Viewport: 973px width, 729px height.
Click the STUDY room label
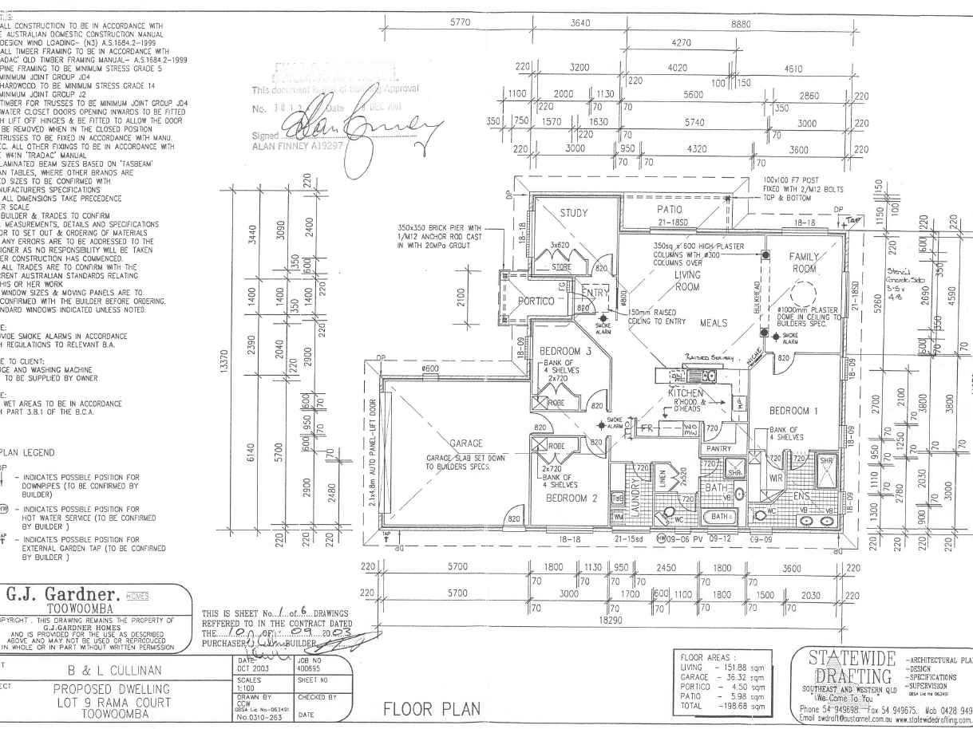pos(573,213)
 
